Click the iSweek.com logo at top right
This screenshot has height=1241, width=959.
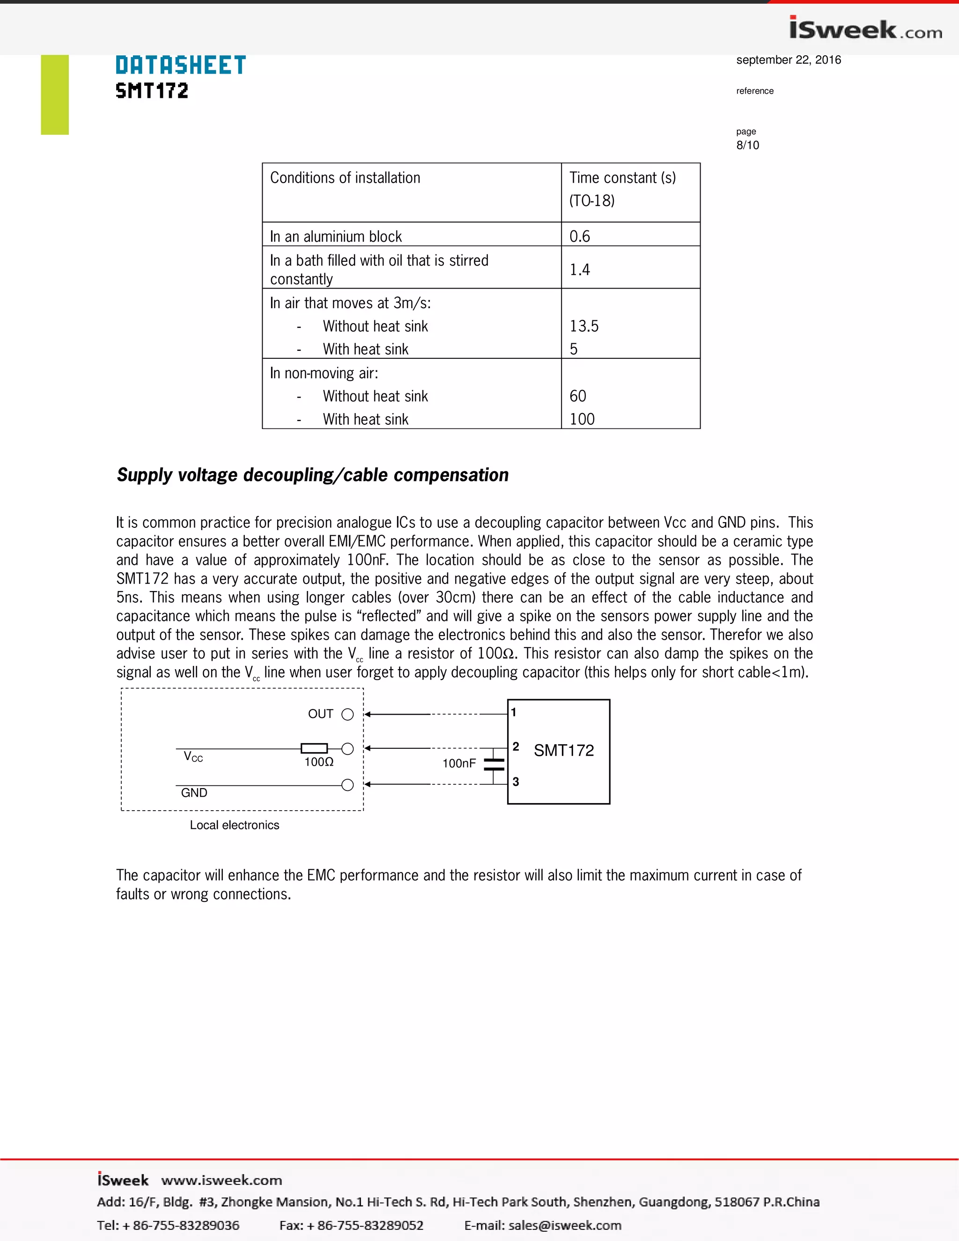(x=865, y=29)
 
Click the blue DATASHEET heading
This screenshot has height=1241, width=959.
(x=181, y=66)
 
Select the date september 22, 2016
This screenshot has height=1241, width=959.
(x=788, y=59)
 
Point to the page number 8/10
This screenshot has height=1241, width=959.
(x=747, y=145)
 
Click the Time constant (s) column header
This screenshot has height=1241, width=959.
(x=622, y=178)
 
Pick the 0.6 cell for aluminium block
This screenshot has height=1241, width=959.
(x=580, y=236)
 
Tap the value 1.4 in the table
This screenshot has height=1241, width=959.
(x=580, y=269)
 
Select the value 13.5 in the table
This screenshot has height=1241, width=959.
(x=583, y=326)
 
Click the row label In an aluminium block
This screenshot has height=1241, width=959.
(x=336, y=236)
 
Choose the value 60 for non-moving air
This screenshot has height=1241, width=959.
(x=578, y=396)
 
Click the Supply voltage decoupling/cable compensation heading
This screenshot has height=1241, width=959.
(x=312, y=475)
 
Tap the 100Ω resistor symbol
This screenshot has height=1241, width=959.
(x=314, y=749)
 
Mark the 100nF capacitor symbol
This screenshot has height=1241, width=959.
(x=494, y=765)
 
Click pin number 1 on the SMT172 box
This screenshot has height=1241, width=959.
(x=514, y=712)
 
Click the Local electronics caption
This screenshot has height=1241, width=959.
(x=234, y=825)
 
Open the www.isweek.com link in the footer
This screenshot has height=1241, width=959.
(x=221, y=1180)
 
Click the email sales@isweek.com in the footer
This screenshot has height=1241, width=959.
(x=564, y=1225)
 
